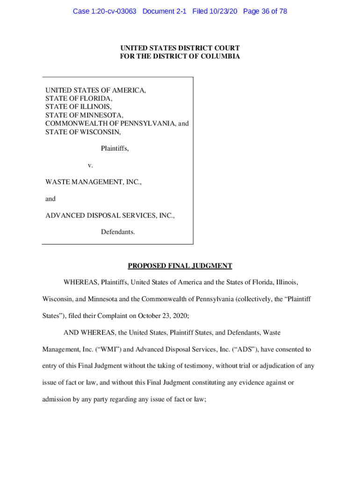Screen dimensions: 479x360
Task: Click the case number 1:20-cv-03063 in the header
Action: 113,11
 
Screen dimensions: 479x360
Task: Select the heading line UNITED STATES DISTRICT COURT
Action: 180,48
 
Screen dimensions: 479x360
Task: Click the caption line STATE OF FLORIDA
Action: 79,99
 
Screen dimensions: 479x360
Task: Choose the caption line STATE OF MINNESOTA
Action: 84,115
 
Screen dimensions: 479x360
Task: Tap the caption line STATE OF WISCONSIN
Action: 83,132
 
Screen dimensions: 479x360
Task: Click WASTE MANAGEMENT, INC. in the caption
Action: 93,182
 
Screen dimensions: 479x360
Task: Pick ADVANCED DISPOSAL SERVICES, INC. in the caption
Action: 110,216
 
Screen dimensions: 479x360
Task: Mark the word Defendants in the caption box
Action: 118,232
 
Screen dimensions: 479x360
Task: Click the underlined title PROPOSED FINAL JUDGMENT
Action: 180,266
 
